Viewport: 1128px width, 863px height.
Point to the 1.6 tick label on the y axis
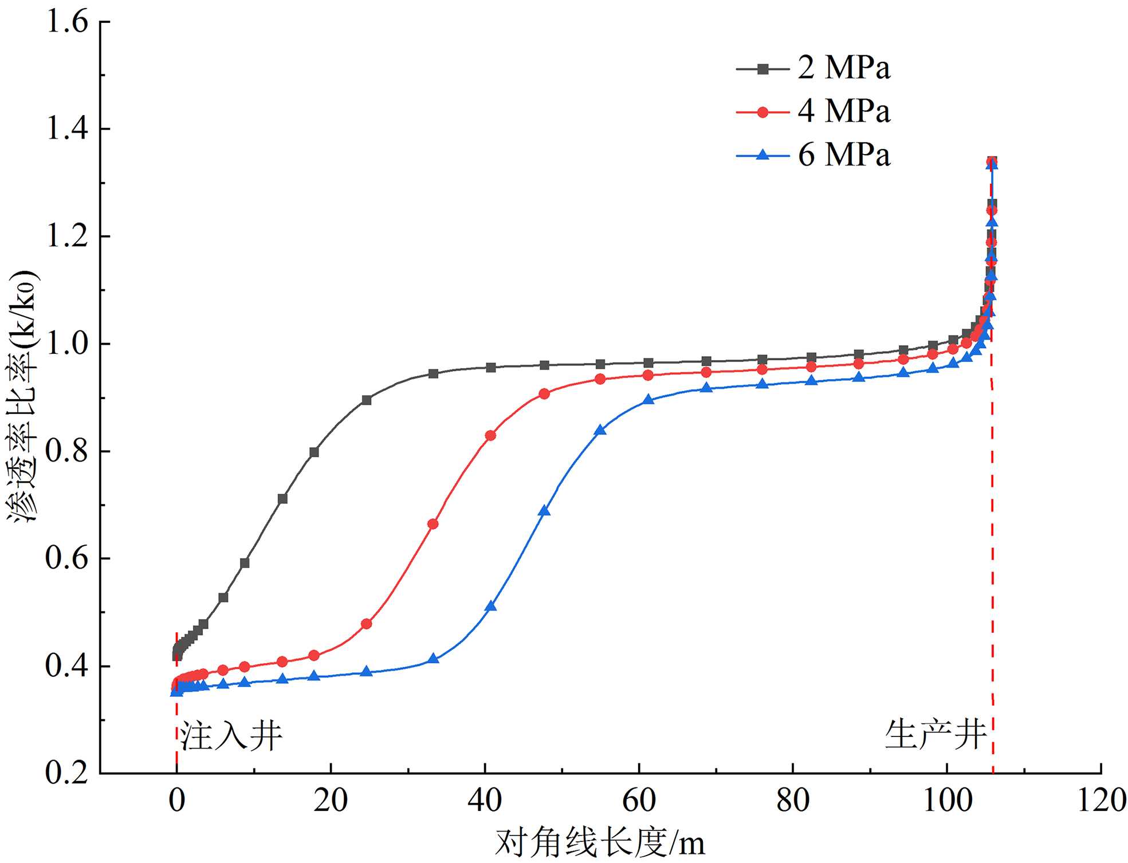67,22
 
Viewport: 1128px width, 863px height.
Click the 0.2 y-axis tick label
67,773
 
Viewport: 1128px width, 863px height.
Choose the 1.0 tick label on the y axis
67,344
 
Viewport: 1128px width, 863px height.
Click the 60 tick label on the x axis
639,800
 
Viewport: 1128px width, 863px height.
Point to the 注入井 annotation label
231,735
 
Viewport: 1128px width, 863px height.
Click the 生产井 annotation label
935,734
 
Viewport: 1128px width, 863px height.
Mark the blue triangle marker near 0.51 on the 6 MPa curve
490,606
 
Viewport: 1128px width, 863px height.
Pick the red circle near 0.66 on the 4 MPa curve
433,524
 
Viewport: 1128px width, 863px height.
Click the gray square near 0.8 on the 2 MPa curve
314,452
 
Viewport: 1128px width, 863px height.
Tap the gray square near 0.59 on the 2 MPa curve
245,563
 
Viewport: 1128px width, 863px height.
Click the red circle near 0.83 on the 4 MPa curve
490,436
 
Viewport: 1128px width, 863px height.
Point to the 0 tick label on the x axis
177,800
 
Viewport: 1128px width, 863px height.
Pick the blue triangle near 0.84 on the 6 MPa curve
600,430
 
